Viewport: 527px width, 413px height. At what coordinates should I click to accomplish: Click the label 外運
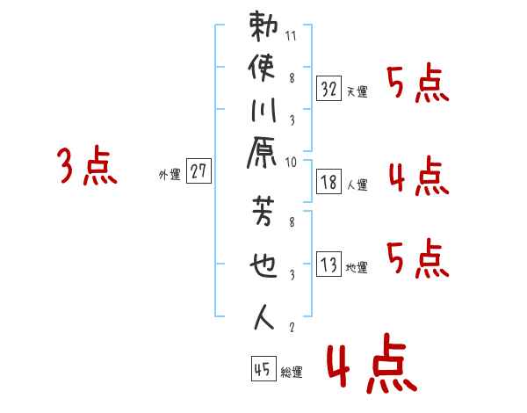tap(170, 175)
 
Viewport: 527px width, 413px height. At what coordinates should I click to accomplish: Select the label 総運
tap(292, 373)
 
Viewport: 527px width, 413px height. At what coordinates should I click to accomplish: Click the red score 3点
tap(87, 166)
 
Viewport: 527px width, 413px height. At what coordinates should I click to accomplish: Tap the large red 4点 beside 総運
tap(370, 366)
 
